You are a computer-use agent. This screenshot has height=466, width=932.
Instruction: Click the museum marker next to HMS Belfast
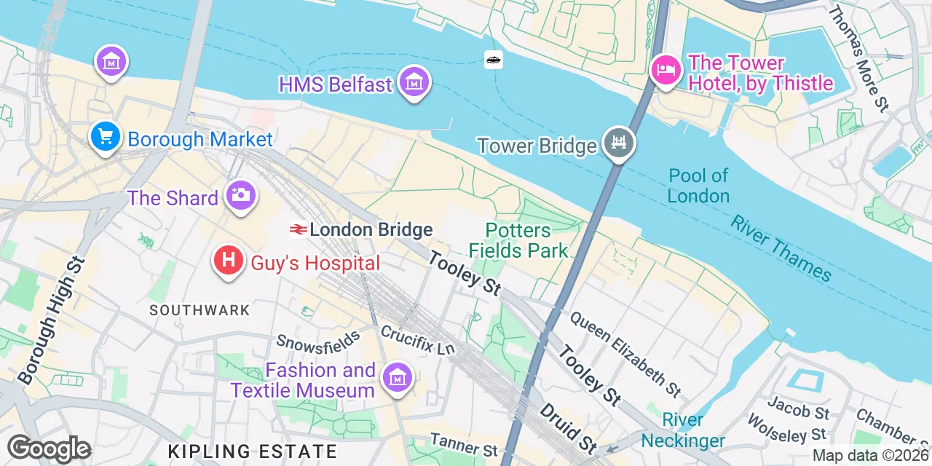tap(414, 84)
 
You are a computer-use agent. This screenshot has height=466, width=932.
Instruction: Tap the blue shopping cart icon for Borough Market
tap(106, 136)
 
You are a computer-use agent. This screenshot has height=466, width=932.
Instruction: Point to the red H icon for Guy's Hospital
tap(229, 261)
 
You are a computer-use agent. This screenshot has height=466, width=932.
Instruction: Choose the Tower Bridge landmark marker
tap(619, 144)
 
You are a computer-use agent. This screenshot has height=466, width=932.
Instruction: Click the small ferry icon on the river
tap(494, 60)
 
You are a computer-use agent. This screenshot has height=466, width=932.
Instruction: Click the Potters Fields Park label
tap(518, 241)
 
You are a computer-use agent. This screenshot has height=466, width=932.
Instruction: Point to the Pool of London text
tap(698, 186)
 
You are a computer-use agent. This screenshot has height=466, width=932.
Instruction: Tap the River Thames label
tap(781, 248)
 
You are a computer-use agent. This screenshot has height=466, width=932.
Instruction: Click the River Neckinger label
tap(683, 430)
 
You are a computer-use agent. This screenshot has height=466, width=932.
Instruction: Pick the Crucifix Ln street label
tap(417, 339)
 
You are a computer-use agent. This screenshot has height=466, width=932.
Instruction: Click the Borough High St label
tap(50, 320)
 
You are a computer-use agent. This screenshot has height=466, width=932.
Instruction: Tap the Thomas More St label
tap(860, 59)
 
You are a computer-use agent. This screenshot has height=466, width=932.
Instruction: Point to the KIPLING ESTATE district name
tap(253, 451)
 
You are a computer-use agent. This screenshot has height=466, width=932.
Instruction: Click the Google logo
tap(49, 449)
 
